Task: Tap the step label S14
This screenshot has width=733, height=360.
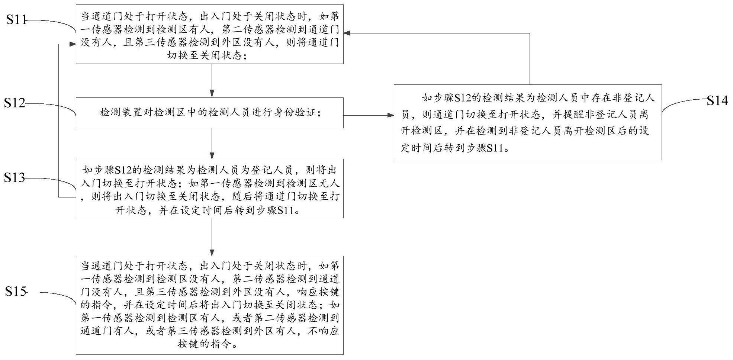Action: [717, 100]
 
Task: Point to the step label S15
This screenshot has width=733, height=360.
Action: [16, 292]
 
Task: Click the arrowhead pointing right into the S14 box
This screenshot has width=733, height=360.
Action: [390, 115]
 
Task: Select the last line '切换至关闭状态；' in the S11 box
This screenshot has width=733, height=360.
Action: [210, 56]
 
